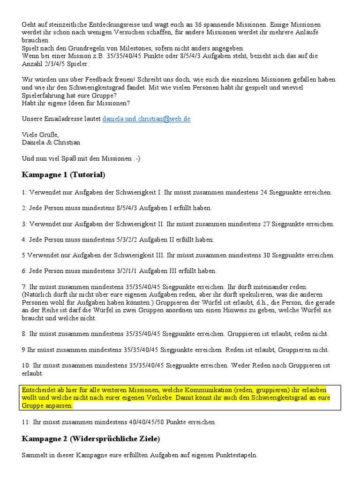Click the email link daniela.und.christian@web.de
point(146,119)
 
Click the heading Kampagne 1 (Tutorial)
point(63,175)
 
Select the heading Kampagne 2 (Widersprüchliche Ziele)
point(90,439)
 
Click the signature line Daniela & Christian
point(51,142)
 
